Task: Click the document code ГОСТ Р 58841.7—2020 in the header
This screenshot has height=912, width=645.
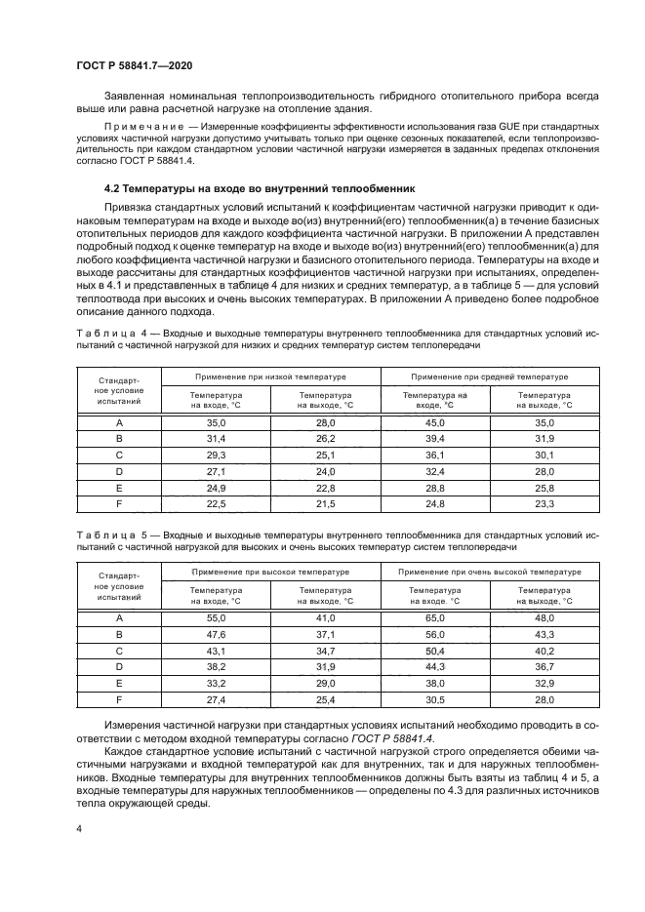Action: [134, 63]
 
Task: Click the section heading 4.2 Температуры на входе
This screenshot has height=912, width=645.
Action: [248, 188]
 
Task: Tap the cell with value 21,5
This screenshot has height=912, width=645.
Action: [325, 503]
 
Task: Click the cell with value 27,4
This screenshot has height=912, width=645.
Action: [216, 699]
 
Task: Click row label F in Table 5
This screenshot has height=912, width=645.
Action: [119, 699]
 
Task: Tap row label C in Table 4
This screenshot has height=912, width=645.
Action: [119, 456]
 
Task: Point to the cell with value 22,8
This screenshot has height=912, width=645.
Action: [325, 487]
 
